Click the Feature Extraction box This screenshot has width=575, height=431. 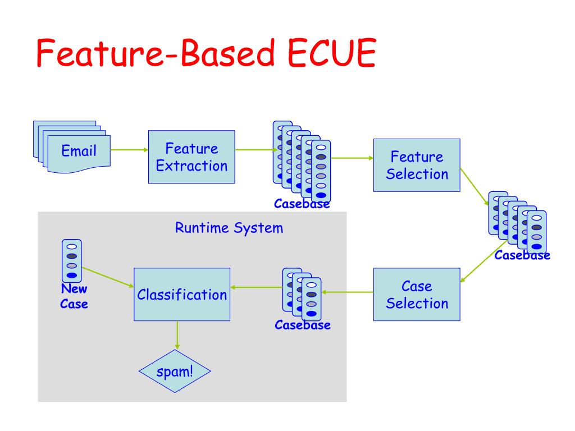(191, 157)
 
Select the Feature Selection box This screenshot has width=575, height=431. (417, 166)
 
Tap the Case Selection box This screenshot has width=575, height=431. (417, 295)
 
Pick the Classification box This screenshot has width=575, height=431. (182, 295)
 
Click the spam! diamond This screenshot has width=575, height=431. (175, 372)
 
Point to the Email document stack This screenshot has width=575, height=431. (72, 146)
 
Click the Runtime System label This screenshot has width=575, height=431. (229, 228)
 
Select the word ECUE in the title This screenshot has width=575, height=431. (332, 53)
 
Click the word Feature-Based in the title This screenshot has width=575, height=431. (156, 53)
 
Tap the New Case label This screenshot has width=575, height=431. (74, 296)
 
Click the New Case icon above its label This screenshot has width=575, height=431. (72, 260)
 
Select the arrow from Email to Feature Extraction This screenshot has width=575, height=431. (130, 149)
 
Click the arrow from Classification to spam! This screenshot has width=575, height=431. (177, 335)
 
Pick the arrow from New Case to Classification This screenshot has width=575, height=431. (107, 277)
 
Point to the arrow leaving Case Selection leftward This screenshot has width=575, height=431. (348, 292)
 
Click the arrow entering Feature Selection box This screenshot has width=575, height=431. (352, 158)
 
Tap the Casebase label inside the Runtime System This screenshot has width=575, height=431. (303, 325)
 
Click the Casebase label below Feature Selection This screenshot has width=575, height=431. (522, 255)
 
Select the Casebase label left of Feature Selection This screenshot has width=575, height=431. (302, 204)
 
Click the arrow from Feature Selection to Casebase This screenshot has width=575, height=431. (474, 186)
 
